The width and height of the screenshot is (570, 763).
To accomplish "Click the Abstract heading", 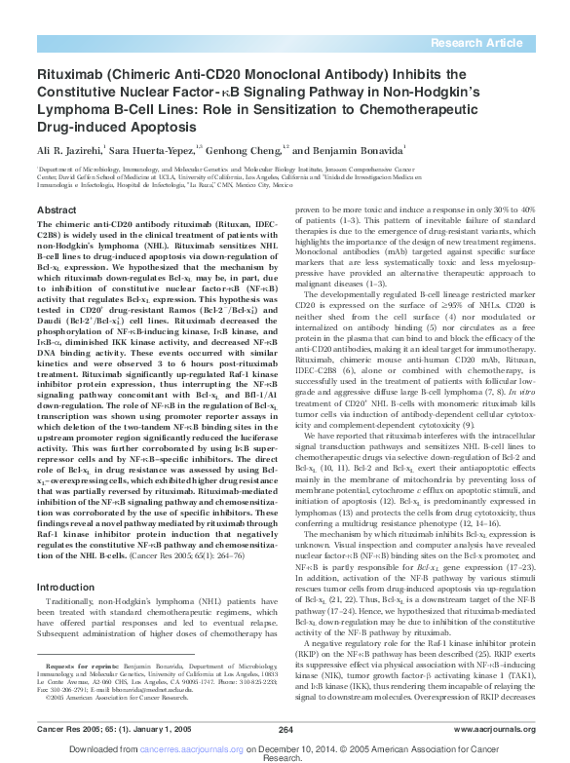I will point(55,210).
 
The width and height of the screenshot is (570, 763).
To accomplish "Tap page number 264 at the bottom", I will point(285,728).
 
